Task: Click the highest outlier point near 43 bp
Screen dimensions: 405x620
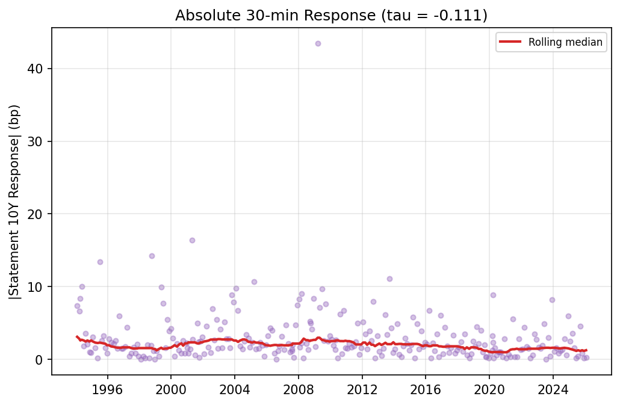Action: click(318, 43)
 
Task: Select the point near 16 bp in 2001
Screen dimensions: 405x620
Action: click(192, 240)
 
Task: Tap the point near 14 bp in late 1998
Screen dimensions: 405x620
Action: click(152, 256)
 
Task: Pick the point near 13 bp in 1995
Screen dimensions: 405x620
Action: click(100, 262)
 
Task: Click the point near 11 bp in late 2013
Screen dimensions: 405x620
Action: click(389, 279)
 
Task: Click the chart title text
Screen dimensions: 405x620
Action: click(331, 16)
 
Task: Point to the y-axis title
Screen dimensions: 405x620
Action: click(14, 202)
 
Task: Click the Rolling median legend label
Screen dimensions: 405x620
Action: click(565, 42)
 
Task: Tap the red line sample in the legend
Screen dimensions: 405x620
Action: click(511, 42)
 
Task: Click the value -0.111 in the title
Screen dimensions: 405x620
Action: click(463, 16)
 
